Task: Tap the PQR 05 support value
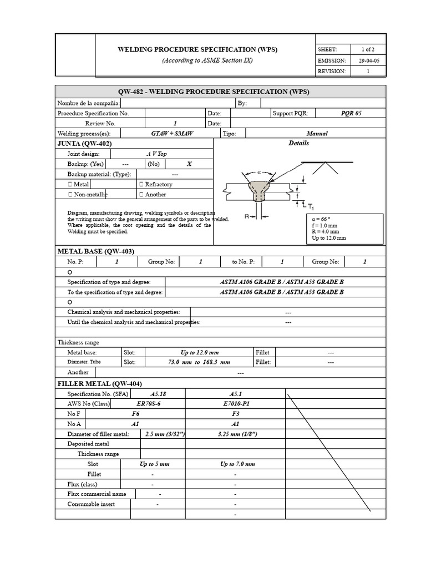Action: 351,113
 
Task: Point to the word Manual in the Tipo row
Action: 317,134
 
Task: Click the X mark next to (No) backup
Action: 189,164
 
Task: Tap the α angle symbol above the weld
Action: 259,172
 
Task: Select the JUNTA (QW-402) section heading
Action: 89,143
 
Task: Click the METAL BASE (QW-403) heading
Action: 96,251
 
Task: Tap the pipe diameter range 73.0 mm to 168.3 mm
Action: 199,362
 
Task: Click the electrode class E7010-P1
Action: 235,404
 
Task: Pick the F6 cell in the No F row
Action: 135,414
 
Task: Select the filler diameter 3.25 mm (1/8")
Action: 235,434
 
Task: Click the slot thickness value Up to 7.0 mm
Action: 237,464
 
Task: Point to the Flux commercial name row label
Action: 97,494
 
